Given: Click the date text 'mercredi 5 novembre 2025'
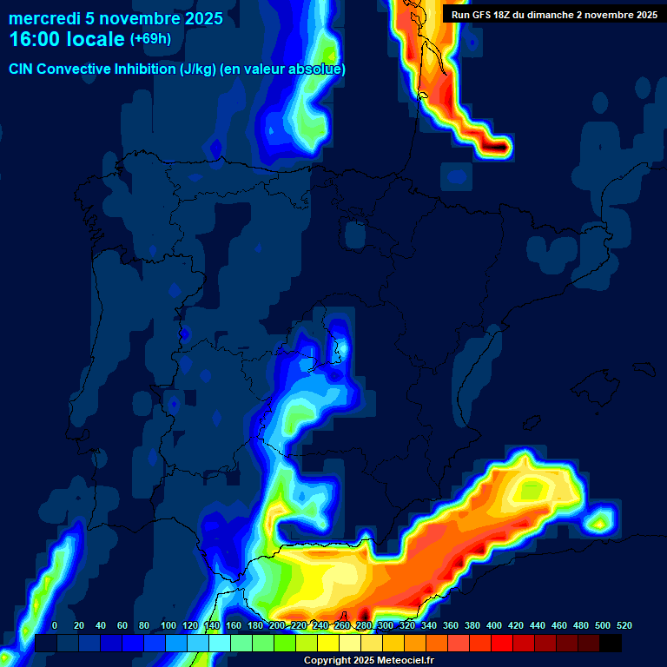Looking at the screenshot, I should [116, 18].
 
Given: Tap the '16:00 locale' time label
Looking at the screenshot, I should [67, 39].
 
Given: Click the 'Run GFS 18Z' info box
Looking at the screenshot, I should [554, 15].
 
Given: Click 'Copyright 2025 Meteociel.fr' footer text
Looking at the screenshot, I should [368, 661].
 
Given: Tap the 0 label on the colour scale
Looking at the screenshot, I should [55, 625].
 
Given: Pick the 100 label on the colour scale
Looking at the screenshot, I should [168, 625].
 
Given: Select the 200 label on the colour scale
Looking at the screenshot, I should [276, 625].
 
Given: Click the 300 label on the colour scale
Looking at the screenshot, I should [386, 625].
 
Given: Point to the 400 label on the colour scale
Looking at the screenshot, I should [494, 625].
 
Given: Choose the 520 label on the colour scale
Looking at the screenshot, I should [624, 625].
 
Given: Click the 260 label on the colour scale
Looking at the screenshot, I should [342, 625].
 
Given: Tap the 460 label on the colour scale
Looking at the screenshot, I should [559, 625].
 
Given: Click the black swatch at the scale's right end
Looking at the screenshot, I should [611, 643].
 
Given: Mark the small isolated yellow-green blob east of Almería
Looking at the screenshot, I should [599, 522].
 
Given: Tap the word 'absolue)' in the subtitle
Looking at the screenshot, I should [318, 69].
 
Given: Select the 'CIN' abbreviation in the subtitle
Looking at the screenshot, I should [22, 69].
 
